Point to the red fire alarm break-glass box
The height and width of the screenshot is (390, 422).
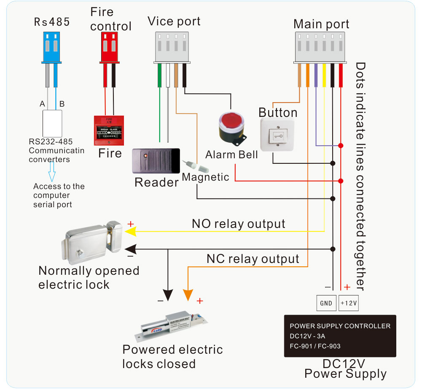click(x=109, y=129)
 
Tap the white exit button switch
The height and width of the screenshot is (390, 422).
click(x=277, y=134)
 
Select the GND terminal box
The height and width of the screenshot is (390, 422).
click(x=326, y=303)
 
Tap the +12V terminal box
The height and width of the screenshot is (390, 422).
click(x=348, y=303)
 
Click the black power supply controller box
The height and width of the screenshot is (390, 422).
click(x=340, y=336)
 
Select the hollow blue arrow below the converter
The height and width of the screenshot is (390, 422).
click(x=52, y=171)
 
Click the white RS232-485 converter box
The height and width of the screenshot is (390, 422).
click(x=53, y=122)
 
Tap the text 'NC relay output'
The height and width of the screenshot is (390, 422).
click(x=253, y=259)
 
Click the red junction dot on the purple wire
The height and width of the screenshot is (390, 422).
click(x=340, y=146)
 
